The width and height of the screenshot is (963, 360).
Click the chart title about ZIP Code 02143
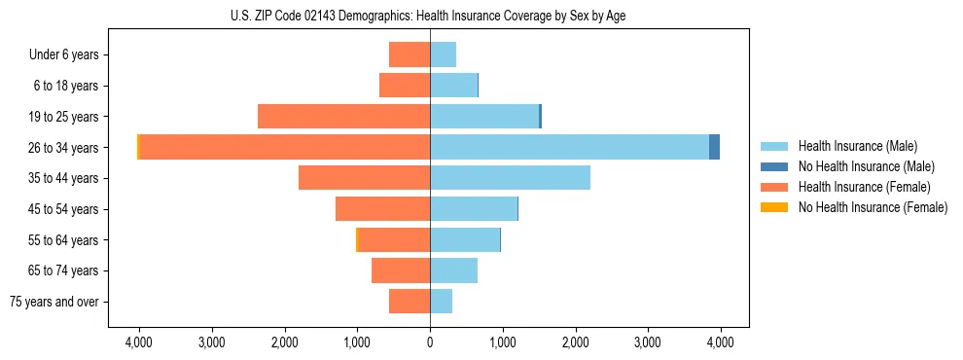(429, 17)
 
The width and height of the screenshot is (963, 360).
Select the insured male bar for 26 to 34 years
(569, 147)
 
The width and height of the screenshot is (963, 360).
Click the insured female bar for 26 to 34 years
(284, 147)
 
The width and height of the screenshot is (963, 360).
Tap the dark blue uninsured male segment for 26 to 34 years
(714, 147)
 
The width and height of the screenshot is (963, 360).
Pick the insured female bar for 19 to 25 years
(343, 117)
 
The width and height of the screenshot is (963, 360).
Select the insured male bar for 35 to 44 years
(510, 178)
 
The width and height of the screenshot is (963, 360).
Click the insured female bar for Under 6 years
(410, 54)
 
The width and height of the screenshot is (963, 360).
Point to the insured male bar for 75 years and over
(441, 302)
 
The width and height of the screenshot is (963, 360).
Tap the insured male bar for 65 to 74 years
(453, 270)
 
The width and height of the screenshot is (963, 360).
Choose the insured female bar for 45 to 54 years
(382, 209)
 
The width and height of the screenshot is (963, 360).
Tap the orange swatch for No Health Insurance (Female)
(775, 207)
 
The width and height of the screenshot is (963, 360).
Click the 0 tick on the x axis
(430, 342)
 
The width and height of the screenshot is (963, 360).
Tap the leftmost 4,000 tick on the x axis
(139, 342)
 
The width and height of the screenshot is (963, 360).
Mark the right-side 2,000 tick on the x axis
(575, 342)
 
